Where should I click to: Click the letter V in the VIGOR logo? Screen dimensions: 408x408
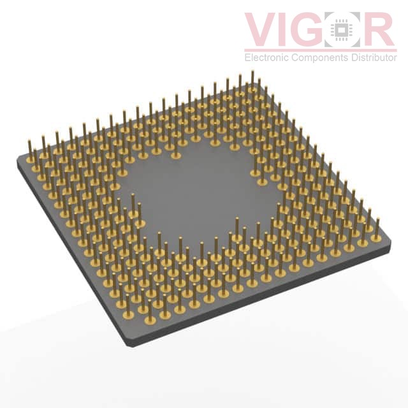click(262, 29)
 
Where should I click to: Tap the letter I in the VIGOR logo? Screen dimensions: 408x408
click(287, 29)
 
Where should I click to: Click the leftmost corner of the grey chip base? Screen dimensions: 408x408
click(18, 162)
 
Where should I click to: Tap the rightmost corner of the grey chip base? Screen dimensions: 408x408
click(390, 243)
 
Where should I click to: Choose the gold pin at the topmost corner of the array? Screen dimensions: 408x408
click(252, 79)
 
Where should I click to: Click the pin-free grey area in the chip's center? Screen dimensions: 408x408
click(198, 191)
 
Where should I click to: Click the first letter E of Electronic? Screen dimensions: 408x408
click(248, 58)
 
